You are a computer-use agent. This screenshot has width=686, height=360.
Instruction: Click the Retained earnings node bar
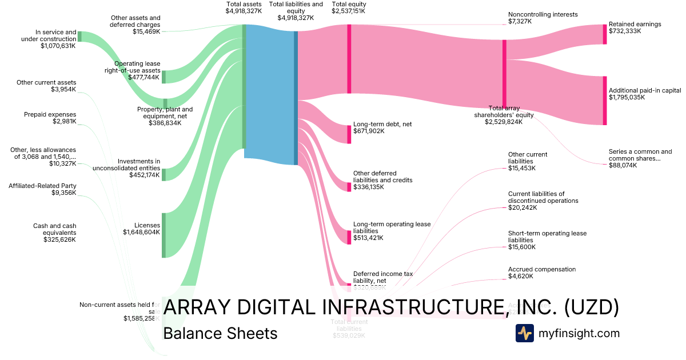[605, 34]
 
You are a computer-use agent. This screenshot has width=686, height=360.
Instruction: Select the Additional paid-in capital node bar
[605, 101]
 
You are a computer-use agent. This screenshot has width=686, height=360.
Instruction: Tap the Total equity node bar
[349, 58]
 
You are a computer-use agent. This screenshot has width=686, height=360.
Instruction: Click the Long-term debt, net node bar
[349, 134]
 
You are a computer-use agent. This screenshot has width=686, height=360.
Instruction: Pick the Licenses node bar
[163, 235]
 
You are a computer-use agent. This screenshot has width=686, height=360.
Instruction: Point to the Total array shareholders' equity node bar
[504, 73]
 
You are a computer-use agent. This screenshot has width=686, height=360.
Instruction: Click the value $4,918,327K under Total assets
[244, 11]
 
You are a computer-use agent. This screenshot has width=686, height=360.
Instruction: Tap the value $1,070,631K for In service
[58, 46]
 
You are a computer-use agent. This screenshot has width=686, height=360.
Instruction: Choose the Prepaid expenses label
[50, 114]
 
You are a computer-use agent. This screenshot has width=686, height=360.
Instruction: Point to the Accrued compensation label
[542, 269]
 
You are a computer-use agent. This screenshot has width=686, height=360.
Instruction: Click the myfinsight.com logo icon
[525, 333]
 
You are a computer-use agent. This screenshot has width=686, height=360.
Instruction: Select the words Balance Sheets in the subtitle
[220, 333]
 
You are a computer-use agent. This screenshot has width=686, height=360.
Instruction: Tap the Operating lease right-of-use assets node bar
[163, 77]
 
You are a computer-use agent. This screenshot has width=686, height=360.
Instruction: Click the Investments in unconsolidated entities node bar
[163, 174]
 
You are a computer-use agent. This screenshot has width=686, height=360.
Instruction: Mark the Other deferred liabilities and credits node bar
[349, 187]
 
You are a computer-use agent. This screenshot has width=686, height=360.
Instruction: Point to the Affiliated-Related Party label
[42, 186]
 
